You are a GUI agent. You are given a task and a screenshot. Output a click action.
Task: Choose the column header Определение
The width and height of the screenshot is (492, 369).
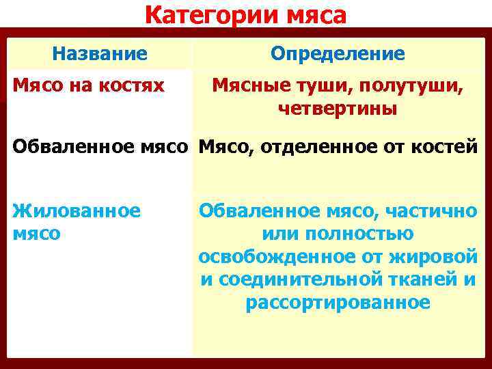[x=338, y=53]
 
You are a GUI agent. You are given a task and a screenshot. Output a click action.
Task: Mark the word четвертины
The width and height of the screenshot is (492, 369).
[x=338, y=109]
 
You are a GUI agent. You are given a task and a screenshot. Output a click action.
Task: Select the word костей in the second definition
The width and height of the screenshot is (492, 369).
[x=446, y=147]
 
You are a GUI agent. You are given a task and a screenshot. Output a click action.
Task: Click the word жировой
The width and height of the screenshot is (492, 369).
[x=435, y=257]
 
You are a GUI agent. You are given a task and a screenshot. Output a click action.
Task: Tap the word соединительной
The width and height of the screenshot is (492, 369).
[x=300, y=279]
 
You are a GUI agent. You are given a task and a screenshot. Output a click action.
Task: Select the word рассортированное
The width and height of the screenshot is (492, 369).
[x=338, y=303]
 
